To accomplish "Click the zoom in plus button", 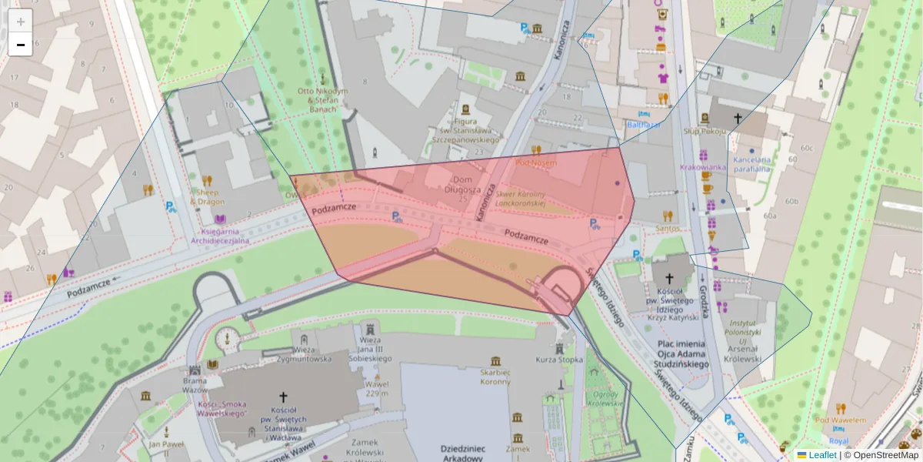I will (x=21, y=22).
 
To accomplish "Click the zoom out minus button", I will (x=21, y=45).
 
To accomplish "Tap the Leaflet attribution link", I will (x=821, y=455).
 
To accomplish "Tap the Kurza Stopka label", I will (x=559, y=360).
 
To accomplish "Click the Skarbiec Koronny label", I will (x=495, y=377).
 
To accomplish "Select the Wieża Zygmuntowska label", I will (x=305, y=353).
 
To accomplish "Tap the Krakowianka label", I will (x=703, y=167).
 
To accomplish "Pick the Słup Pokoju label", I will (x=704, y=132).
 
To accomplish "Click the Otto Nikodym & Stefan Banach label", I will (x=322, y=99).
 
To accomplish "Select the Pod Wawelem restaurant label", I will (x=841, y=420).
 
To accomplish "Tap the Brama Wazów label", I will (x=195, y=385).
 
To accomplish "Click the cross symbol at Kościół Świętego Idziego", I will (x=668, y=278).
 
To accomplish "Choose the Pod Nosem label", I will (x=536, y=162).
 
